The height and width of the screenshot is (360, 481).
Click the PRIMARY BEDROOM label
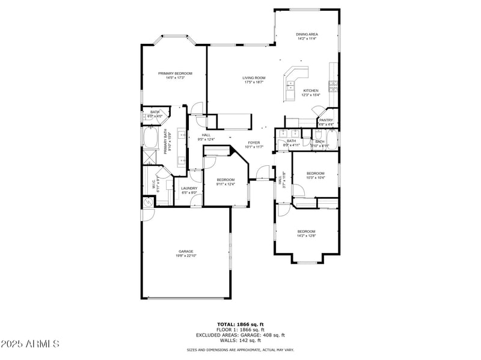[x=175, y=73]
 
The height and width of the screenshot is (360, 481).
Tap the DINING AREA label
[x=307, y=35]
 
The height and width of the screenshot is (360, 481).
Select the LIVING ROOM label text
[x=254, y=78]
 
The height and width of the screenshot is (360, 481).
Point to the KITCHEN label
[x=310, y=91]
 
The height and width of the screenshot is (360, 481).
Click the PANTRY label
[x=326, y=120]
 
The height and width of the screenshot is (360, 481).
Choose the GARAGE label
[x=185, y=251]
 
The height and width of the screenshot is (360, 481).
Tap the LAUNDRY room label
[x=189, y=188]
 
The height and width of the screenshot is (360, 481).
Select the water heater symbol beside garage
[x=148, y=203]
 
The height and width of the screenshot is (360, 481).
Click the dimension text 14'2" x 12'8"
[x=306, y=236]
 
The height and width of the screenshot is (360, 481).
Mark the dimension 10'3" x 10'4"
[x=316, y=177]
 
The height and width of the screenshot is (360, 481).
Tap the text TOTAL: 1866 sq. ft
[x=240, y=324]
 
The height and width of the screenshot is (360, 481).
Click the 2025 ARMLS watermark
[x=30, y=344]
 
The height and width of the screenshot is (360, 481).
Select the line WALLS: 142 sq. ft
[x=240, y=341]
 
